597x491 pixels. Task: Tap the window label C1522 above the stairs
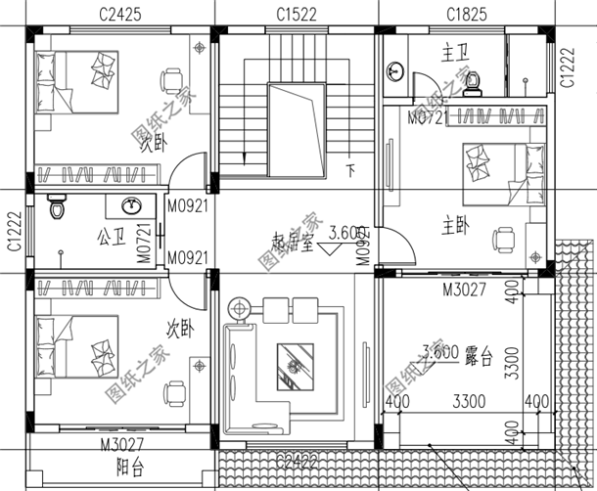295,15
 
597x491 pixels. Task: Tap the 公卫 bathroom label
109,237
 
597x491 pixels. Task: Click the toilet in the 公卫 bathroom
58,207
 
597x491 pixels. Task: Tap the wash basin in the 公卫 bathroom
133,205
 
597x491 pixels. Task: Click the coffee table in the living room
296,366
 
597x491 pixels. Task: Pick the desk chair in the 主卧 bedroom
504,237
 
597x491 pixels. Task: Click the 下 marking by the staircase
350,168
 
